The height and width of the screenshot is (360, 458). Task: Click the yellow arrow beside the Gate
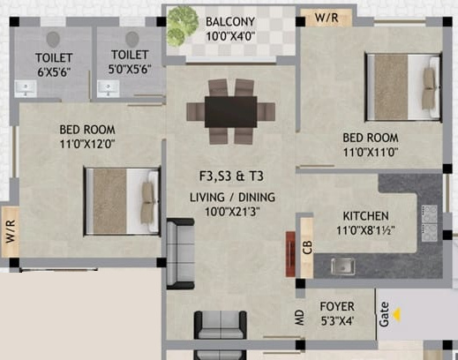click(x=399, y=311)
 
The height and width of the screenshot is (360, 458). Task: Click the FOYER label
click(x=337, y=309)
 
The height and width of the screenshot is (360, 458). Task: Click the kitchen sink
click(x=342, y=265)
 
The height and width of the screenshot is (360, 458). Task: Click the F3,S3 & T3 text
click(x=229, y=175)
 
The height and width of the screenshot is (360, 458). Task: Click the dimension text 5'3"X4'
click(x=337, y=324)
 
